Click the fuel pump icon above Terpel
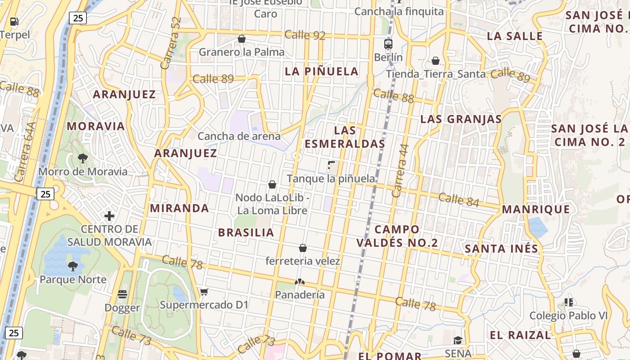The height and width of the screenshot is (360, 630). click(14, 21)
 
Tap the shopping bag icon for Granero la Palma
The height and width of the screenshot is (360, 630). click(242, 39)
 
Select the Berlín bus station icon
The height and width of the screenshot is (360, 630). click(388, 44)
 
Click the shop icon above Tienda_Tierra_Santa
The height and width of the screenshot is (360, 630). click(435, 61)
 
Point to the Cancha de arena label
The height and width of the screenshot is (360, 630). click(239, 136)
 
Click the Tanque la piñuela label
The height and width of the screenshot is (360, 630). click(331, 179)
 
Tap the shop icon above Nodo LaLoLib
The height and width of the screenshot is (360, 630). click(272, 184)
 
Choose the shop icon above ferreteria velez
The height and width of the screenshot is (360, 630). click(303, 248)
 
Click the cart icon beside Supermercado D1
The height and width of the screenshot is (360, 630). click(204, 292)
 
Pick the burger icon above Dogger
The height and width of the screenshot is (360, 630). click(122, 294)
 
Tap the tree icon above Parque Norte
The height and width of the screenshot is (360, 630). click(72, 266)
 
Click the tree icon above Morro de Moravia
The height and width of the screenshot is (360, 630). click(82, 158)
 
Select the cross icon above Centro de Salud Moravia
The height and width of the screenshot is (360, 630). click(109, 216)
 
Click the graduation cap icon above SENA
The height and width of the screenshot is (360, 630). click(458, 340)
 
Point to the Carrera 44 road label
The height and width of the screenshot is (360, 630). click(400, 171)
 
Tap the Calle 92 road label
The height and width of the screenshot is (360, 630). click(305, 35)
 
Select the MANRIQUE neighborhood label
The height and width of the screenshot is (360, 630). click(535, 209)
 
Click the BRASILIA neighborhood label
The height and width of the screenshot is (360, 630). click(246, 233)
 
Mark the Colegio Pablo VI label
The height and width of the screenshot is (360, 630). click(568, 315)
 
